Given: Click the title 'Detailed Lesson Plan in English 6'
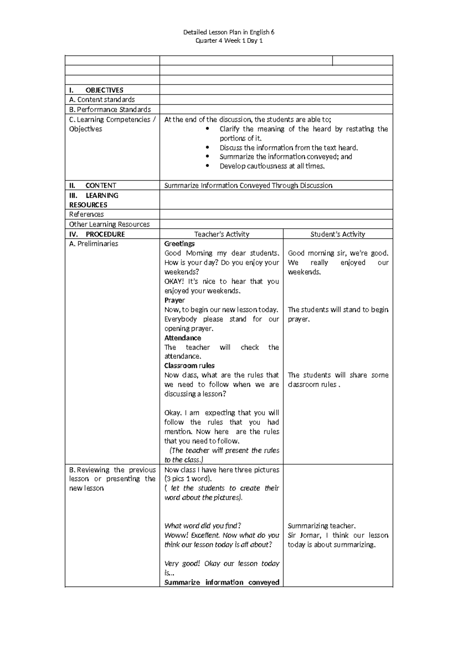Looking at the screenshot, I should (x=229, y=32).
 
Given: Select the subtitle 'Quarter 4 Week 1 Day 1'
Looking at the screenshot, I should (x=229, y=41).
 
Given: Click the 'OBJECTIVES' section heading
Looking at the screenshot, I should (x=104, y=90).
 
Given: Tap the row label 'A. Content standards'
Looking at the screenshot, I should (x=102, y=100).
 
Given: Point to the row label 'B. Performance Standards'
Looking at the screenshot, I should (x=110, y=110).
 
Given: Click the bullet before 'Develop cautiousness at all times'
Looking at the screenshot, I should (x=207, y=166).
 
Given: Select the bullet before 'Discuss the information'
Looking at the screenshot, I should (x=207, y=147).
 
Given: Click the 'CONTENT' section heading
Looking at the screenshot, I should (x=101, y=186).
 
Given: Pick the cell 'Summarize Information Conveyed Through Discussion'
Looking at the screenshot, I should (x=248, y=186).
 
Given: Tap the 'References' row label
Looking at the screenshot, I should (x=86, y=214).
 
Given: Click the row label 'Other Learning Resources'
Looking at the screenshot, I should (x=109, y=224).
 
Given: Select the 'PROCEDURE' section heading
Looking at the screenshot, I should (x=105, y=234).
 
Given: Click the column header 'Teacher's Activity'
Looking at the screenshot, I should (x=221, y=234).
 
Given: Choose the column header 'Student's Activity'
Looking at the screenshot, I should (x=338, y=234).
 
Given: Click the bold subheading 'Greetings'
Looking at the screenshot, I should (x=179, y=244).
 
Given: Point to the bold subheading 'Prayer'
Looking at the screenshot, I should (x=174, y=300).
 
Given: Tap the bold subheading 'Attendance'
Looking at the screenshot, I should (x=182, y=338).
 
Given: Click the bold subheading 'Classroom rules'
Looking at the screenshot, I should (x=189, y=366).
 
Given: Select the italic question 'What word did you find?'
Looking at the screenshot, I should (x=203, y=526).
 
